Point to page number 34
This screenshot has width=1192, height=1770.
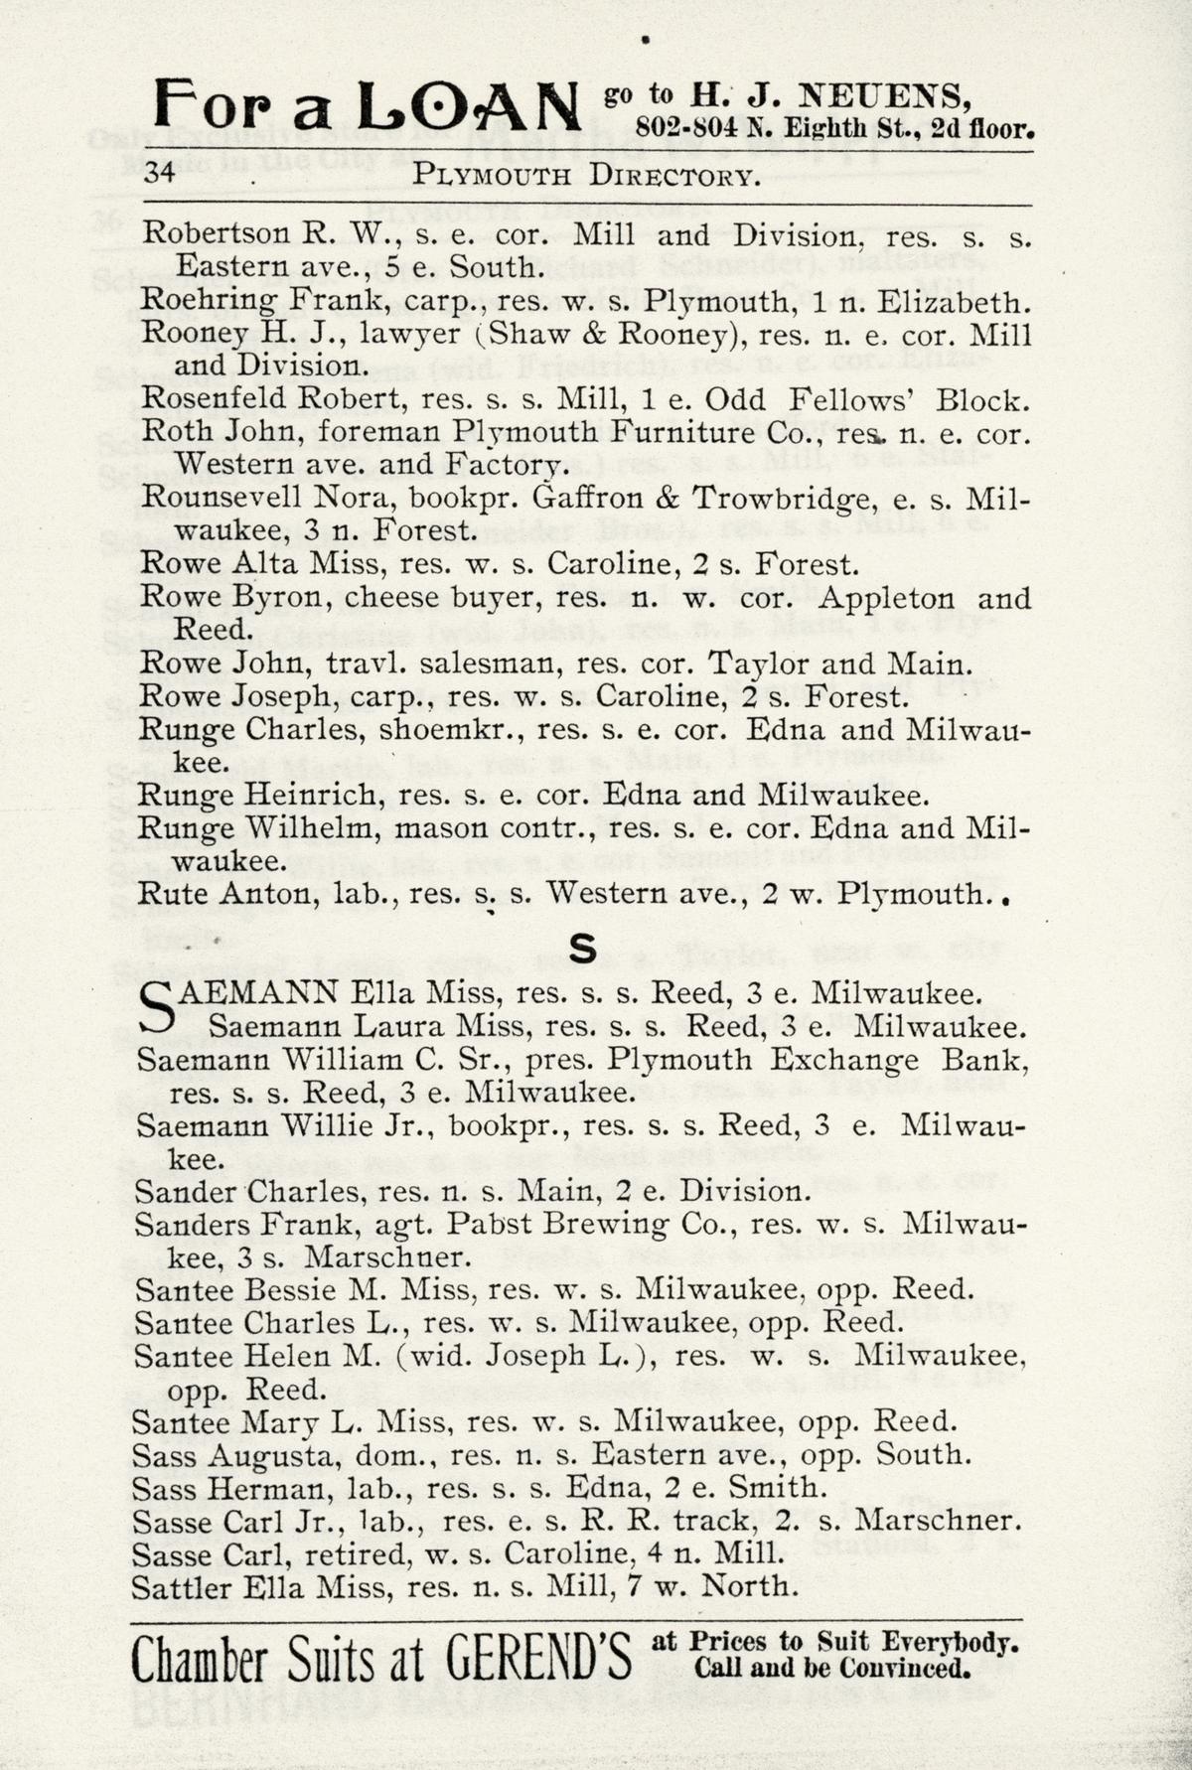161,174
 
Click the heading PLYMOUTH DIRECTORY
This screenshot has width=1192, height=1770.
587,176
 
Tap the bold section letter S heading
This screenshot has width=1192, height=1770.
582,950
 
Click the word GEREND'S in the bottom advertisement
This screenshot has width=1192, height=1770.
537,1659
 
